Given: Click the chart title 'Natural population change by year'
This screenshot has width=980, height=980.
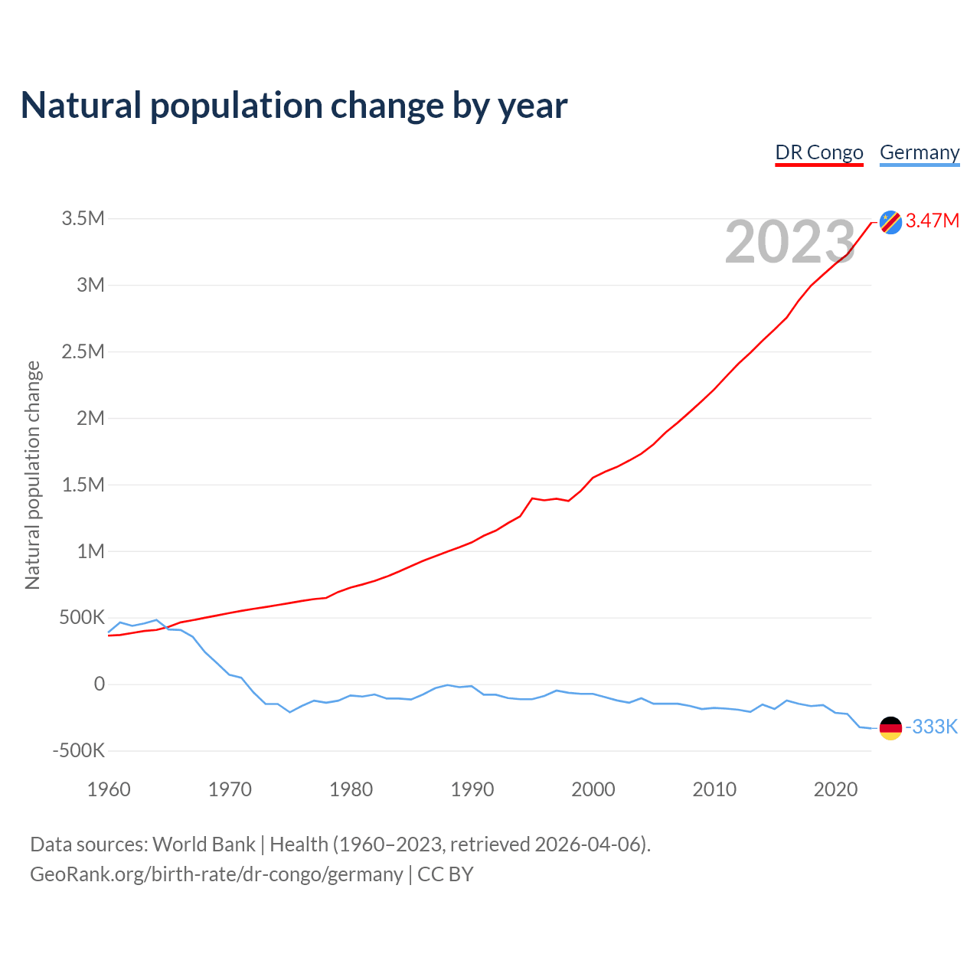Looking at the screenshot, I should point(294,106).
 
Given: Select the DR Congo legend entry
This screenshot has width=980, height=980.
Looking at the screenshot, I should point(819,152).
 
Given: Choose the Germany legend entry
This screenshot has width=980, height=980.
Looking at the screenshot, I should point(920,152).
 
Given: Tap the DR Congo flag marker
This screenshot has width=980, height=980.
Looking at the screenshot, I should point(890,222).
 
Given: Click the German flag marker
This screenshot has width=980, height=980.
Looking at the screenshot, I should point(890,728).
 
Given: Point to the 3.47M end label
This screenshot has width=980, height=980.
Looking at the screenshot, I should point(933,221).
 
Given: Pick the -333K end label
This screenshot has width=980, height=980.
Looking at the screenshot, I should point(932,727).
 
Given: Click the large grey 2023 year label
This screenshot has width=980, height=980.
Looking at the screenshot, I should point(789,242).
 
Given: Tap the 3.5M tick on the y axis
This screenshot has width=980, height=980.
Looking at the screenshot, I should point(83,219).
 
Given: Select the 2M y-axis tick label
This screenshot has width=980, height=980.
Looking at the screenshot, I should point(90,418).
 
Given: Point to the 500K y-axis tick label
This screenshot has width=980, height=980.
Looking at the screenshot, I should point(82,618).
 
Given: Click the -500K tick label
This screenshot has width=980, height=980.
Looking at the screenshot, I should point(78,751).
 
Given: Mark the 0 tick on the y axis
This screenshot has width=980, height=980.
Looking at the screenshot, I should point(99,684).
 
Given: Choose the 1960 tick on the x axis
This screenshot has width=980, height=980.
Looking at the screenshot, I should point(109,789).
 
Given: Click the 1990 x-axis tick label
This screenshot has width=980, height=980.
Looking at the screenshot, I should point(472,789).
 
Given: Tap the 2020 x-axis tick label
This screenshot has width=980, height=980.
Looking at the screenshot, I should point(835,789).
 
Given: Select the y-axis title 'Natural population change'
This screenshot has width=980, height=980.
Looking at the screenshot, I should point(33,475).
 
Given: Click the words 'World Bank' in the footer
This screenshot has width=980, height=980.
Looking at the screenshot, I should point(204,844).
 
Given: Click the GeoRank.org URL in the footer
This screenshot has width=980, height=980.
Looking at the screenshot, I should point(216,874).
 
